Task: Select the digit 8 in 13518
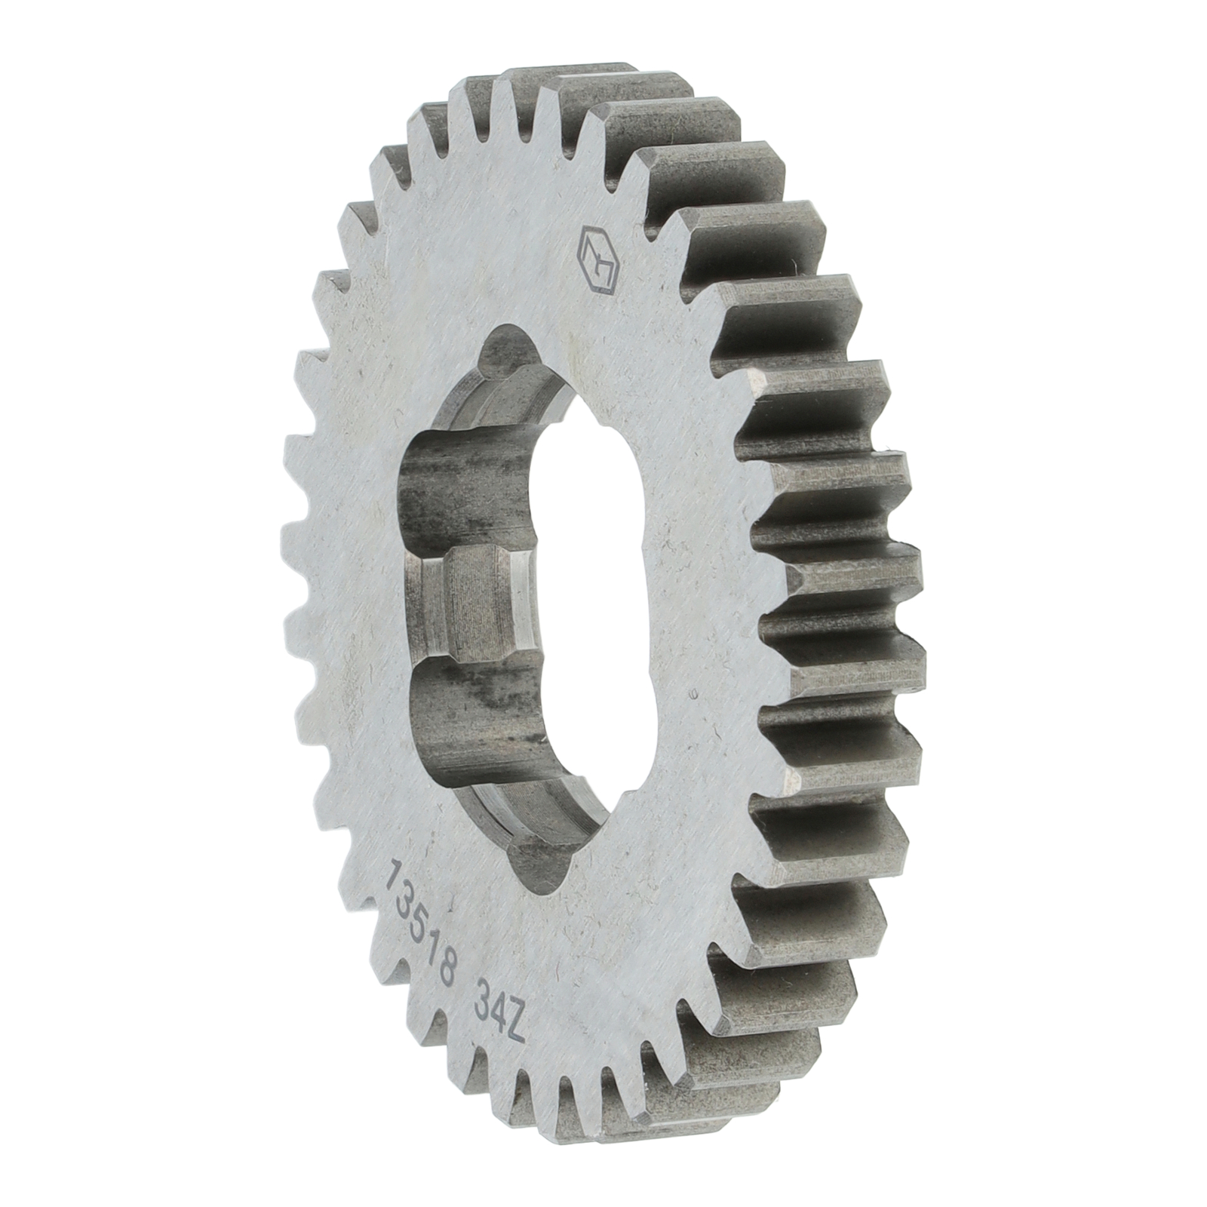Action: [x=449, y=971]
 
